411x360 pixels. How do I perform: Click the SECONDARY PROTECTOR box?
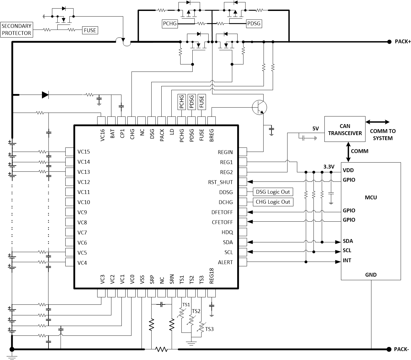coord(16,30)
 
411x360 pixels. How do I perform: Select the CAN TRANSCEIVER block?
coord(345,129)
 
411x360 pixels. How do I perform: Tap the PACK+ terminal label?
coord(402,42)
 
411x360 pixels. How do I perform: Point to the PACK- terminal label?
coord(401,349)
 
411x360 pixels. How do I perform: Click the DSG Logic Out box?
coord(273,192)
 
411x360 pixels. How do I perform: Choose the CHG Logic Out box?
coord(273,202)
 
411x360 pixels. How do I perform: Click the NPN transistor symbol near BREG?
coord(259,108)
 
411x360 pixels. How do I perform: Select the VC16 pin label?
coord(102,135)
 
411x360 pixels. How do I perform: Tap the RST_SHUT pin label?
coord(220,182)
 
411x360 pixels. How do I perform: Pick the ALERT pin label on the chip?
coord(225,262)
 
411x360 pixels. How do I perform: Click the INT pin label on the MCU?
coord(347,260)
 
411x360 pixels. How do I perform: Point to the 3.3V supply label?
coord(329,167)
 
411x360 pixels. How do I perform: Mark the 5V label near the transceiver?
coord(316,129)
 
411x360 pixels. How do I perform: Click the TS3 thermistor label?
coord(209,329)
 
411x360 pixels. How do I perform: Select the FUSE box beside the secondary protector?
coord(90,30)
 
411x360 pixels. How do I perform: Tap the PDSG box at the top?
coord(254,23)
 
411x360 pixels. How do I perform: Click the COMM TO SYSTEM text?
coord(383,134)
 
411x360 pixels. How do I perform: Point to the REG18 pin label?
coord(211,276)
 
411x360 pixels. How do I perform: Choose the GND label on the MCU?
coord(371,275)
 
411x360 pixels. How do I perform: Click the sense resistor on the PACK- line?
coord(161,349)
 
